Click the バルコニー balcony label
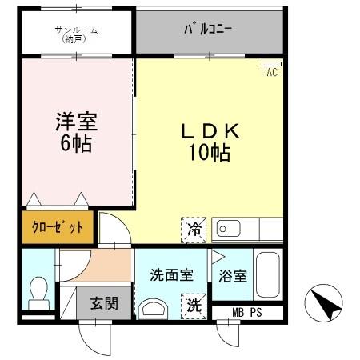coord(209,30)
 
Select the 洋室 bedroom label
coord(75,123)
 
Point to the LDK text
coord(210,131)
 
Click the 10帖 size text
coord(210,153)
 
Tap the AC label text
coord(271,72)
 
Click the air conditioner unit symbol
coord(271,63)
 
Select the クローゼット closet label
coord(57,226)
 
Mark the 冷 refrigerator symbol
coord(194,229)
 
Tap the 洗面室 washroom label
coord(171,275)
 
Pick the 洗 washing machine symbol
coord(194,305)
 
